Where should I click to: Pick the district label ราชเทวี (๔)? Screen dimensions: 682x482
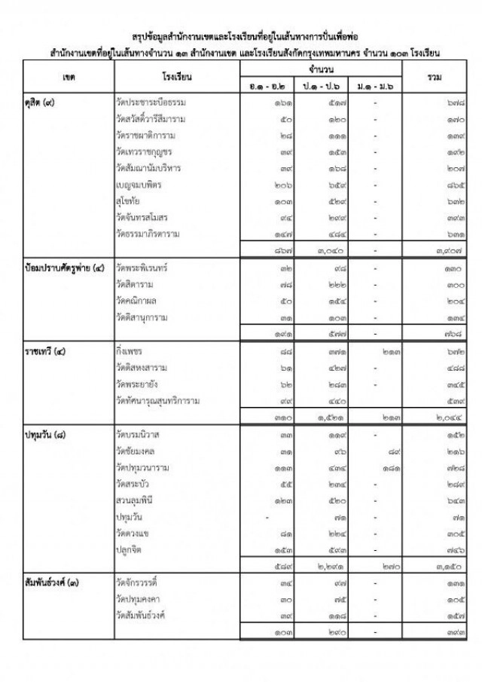tap(47, 351)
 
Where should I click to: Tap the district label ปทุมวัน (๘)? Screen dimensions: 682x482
tap(47, 435)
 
